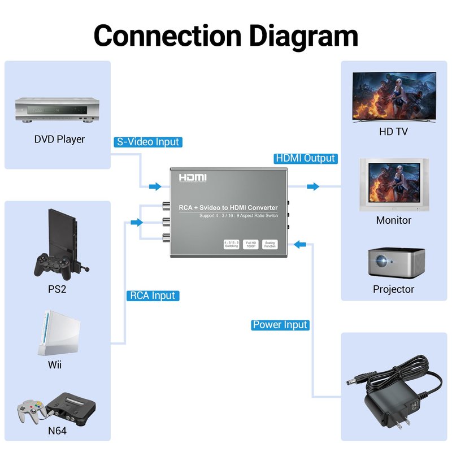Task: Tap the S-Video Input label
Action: coord(147,142)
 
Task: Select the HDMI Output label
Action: coord(305,159)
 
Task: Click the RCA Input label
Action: coord(153,295)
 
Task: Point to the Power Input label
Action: coord(280,325)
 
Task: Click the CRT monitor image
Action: coord(393,182)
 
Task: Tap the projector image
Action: coord(393,262)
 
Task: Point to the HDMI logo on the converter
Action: coord(193,177)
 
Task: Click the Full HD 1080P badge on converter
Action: coord(251,245)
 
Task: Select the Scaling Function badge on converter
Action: coord(270,245)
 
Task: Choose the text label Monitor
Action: coord(394,220)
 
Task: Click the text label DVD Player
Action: coord(59,139)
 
